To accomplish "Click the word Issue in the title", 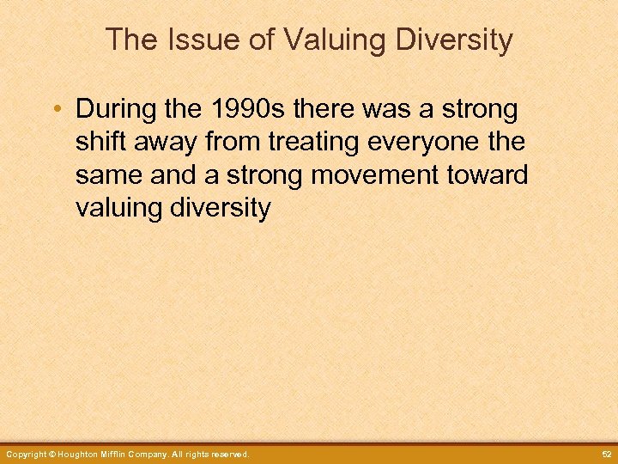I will click(x=189, y=40).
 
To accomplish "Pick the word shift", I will click(x=99, y=143).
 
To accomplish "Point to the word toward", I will click(x=490, y=175).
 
